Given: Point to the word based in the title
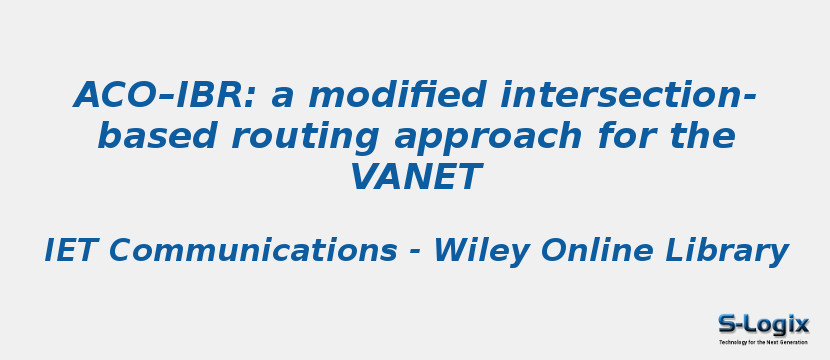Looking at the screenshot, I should pos(144,137).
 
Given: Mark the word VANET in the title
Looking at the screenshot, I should pos(415,178).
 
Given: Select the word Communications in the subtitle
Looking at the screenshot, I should pos(252,251).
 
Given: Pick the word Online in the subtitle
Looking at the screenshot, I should pos(594,251).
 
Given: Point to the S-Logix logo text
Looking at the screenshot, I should pos(764,324).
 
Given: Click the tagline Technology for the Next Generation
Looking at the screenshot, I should pos(763,342).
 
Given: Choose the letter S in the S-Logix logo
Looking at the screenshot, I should pos(727,324).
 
